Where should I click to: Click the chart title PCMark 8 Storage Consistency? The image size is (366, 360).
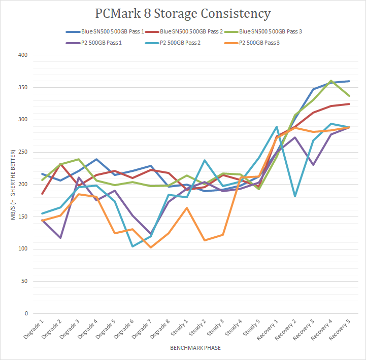point(183,13)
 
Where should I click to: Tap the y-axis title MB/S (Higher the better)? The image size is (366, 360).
point(11,184)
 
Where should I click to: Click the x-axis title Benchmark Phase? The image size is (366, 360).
point(195,348)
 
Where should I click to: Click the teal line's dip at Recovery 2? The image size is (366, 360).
point(295,196)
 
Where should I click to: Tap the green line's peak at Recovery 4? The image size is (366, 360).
point(331,81)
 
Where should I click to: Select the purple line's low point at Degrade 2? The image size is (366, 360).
point(60,238)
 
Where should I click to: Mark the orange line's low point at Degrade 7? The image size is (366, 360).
point(151,247)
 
